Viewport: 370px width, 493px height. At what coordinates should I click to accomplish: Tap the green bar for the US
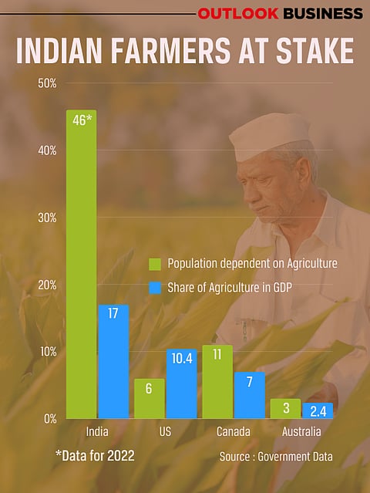click(149, 398)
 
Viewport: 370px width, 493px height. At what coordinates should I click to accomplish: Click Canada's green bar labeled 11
click(217, 381)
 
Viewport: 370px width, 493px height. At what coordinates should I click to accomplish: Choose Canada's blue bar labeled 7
click(249, 395)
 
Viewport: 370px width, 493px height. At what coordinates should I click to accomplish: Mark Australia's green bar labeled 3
click(284, 408)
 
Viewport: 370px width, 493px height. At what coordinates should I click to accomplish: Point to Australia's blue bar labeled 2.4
click(317, 410)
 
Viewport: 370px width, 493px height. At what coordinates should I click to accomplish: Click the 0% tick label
click(49, 419)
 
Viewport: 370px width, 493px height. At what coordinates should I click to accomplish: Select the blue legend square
click(153, 289)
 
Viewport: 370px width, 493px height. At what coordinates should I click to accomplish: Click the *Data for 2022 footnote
click(94, 456)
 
